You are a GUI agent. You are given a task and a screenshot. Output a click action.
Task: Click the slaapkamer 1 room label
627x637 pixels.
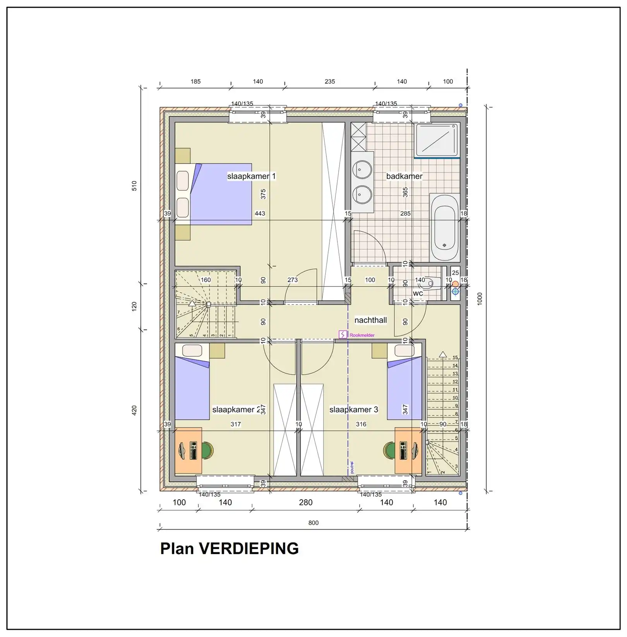click(251, 176)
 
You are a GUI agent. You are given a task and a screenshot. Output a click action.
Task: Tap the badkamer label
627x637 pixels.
click(404, 176)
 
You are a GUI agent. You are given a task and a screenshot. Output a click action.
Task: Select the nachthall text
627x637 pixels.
click(370, 320)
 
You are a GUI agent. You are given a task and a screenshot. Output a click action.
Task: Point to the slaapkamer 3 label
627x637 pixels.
click(353, 409)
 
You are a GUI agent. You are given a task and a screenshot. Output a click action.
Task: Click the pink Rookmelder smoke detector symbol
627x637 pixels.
click(343, 334)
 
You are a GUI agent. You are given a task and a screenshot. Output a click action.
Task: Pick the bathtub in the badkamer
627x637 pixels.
click(445, 228)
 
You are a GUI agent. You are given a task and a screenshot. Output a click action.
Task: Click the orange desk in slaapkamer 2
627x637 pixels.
click(188, 450)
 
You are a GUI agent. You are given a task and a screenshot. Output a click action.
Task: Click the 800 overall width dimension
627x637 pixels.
click(313, 523)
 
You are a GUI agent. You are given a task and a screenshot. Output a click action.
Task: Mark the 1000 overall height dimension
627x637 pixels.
click(480, 299)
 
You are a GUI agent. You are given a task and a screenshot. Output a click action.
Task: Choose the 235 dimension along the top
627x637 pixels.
click(330, 82)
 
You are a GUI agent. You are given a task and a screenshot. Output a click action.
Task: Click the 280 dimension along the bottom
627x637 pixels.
click(306, 502)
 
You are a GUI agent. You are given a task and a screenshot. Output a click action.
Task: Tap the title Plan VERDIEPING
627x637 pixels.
click(230, 548)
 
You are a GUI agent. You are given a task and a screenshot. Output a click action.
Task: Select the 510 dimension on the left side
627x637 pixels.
click(134, 186)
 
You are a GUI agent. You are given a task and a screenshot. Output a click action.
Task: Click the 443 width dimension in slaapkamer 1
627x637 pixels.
click(260, 213)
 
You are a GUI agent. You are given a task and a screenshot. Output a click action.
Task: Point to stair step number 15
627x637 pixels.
click(455, 358)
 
